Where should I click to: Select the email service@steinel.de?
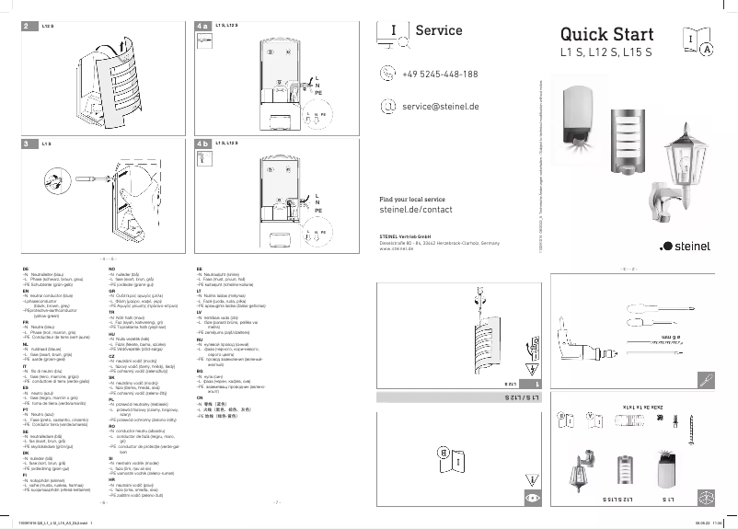[441, 107]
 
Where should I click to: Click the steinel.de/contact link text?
[416, 210]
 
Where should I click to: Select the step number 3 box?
[27, 144]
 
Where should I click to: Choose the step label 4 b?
[202, 144]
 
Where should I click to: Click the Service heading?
[439, 30]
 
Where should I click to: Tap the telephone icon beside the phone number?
[387, 75]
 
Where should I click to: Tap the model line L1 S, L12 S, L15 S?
[606, 53]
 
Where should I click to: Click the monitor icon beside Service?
[394, 31]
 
